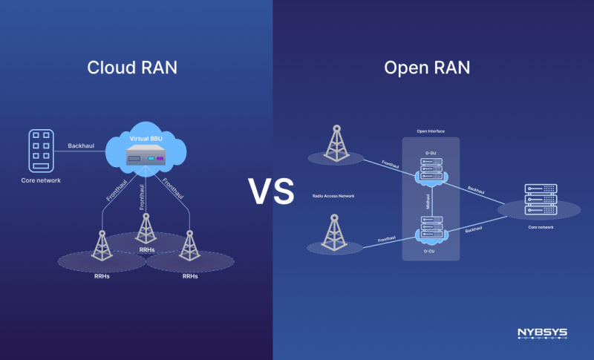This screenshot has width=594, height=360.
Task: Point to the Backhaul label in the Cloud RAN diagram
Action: tap(81, 145)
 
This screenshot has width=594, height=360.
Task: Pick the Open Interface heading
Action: tap(431, 131)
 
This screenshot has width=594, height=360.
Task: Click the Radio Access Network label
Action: tap(334, 196)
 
